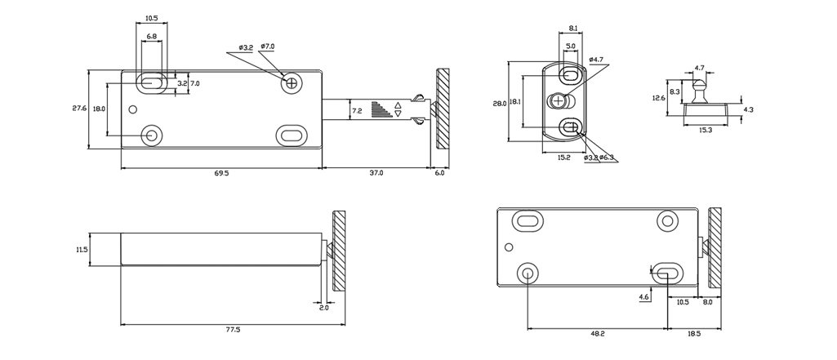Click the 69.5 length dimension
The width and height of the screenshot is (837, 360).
click(x=221, y=173)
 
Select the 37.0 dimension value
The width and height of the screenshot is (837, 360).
click(x=376, y=173)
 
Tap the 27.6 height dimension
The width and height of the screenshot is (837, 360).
click(x=79, y=109)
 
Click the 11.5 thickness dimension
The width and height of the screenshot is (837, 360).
click(x=81, y=250)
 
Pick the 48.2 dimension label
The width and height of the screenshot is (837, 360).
click(x=597, y=333)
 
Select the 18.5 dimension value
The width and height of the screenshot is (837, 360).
click(x=693, y=333)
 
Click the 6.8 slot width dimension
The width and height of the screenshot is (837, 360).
click(x=152, y=38)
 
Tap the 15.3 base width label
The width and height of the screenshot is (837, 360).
click(x=706, y=130)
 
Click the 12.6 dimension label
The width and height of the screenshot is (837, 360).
click(x=658, y=98)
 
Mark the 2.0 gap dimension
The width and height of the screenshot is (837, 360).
click(x=324, y=308)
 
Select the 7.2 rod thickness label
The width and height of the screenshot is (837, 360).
click(x=356, y=110)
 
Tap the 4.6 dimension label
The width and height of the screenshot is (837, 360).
click(x=644, y=297)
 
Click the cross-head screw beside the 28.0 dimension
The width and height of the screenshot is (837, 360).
click(x=559, y=101)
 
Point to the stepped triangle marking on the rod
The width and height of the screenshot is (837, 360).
click(x=381, y=109)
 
